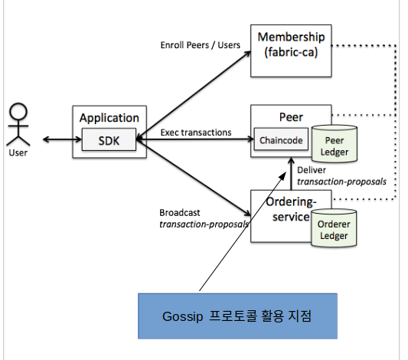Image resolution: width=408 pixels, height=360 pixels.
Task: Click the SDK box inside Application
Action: point(109,139)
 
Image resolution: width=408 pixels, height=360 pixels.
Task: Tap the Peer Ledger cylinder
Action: point(335,143)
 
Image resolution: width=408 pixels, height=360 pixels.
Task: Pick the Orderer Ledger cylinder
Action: point(334,227)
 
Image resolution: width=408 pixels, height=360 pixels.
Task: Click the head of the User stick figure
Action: point(18,111)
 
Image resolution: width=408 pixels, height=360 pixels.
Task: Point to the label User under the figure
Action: point(18,152)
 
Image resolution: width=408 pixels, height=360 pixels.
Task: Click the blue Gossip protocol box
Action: point(237,316)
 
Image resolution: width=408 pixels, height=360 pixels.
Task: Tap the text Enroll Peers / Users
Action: point(200,45)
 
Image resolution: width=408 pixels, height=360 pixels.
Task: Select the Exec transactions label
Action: point(196,133)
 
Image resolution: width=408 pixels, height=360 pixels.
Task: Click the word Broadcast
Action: point(180,213)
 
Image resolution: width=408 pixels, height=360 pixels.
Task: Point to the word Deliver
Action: point(312,170)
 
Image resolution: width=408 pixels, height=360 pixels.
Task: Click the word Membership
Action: point(291,37)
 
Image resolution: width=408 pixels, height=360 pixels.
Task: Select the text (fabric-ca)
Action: point(291,52)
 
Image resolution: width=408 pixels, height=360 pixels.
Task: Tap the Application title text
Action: point(109,118)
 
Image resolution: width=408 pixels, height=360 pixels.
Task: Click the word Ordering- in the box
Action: point(291,202)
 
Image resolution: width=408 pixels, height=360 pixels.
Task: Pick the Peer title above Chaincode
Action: point(291,117)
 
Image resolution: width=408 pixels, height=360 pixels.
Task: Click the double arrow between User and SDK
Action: point(63,139)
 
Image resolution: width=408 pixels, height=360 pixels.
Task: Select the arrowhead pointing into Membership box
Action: point(247,54)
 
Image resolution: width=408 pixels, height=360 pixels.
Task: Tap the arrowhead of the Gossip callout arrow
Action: point(283,175)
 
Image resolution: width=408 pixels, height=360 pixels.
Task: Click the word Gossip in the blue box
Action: point(182,317)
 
